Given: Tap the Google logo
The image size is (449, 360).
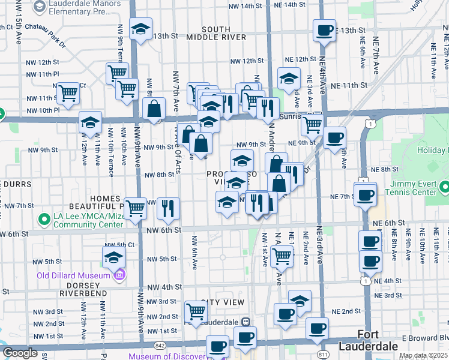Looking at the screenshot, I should (x=19, y=352).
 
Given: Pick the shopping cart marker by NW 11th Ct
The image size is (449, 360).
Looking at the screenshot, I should (x=68, y=93).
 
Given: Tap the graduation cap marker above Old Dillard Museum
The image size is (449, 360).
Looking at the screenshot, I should (x=113, y=258).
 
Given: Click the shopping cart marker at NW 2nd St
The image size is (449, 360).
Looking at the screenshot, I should (x=196, y=311).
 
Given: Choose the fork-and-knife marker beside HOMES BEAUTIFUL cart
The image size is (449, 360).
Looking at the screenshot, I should (x=169, y=208).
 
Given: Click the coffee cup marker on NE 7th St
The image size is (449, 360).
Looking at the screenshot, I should (x=365, y=194).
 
